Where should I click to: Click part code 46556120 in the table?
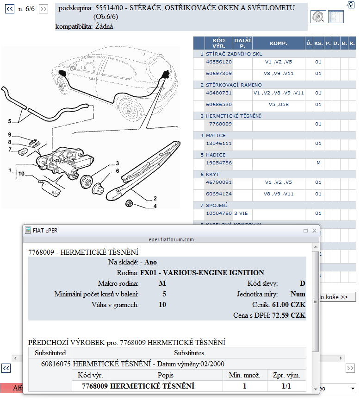219,62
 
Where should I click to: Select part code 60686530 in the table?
219,105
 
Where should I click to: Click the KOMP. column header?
279,44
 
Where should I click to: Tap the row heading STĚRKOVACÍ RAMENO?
234,85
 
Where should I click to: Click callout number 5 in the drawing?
9,121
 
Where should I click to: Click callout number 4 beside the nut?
155,206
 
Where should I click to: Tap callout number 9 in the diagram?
9,135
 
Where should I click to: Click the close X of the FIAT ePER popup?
315,231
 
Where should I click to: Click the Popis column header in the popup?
166,375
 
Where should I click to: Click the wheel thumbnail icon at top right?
318,17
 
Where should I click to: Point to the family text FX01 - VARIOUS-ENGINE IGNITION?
202,273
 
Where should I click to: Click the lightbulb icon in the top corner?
350,5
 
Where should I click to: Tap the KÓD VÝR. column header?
219,44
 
